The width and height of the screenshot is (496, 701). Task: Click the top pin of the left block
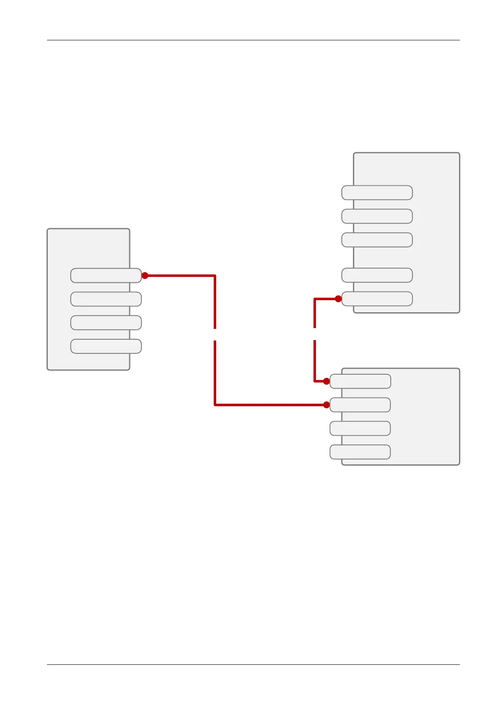point(106,276)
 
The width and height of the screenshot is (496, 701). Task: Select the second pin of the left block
point(106,299)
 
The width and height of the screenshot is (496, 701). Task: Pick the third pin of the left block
point(106,323)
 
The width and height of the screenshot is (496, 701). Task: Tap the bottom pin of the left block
point(106,346)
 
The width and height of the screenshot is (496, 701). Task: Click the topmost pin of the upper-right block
point(377,193)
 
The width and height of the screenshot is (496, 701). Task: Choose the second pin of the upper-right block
point(377,216)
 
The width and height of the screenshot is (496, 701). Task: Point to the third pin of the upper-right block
point(377,240)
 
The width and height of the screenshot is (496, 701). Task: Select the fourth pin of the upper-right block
point(377,275)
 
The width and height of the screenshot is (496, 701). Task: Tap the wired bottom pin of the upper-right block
point(377,299)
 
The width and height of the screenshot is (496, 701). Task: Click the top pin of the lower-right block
point(360,381)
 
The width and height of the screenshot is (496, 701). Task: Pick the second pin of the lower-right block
point(360,405)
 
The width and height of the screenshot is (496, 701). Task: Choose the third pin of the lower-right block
point(360,428)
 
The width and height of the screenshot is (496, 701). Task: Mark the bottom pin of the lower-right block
point(360,452)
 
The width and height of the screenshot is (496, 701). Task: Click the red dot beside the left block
point(145,276)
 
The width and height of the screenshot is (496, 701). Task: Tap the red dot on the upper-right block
point(338,299)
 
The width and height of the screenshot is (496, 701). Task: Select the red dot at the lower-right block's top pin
point(326,381)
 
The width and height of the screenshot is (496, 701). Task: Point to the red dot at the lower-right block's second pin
point(326,405)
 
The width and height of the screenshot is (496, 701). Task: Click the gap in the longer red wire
point(215,334)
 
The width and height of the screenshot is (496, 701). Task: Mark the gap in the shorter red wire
point(315,334)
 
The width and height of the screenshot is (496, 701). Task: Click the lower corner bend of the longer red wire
point(215,405)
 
